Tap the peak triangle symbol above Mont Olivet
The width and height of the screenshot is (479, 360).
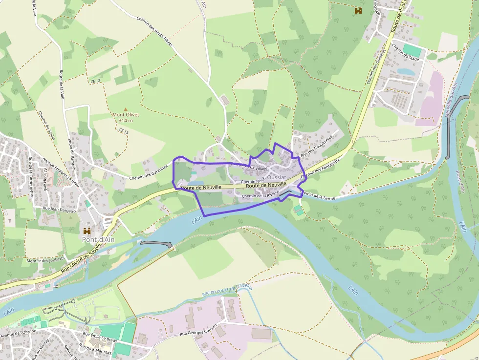click(126, 109)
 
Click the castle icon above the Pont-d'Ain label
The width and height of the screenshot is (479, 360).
click(87, 231)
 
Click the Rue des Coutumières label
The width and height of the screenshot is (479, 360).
click(316, 146)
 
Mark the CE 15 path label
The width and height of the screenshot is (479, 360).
click(123, 131)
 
